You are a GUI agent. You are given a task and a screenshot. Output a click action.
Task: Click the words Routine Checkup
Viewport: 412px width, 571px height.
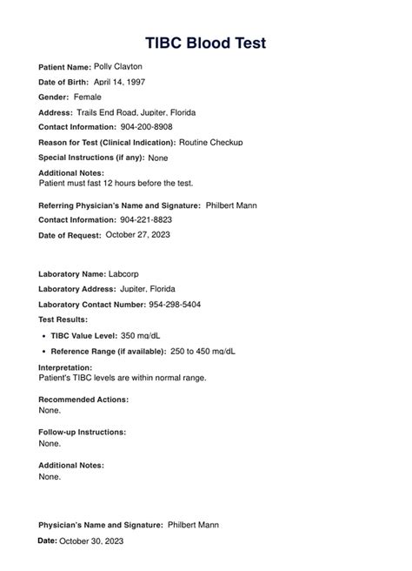[x=212, y=142]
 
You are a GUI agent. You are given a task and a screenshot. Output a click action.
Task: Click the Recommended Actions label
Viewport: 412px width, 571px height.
[x=83, y=399]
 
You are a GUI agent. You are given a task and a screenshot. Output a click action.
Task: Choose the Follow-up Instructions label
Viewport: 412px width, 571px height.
[x=83, y=432]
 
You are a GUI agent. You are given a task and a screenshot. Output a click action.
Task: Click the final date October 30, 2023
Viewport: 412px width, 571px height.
[x=91, y=541]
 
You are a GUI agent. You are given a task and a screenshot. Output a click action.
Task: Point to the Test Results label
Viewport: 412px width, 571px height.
[x=63, y=319]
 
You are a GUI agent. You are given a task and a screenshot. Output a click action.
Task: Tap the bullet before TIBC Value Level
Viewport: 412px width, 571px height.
[x=43, y=336]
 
